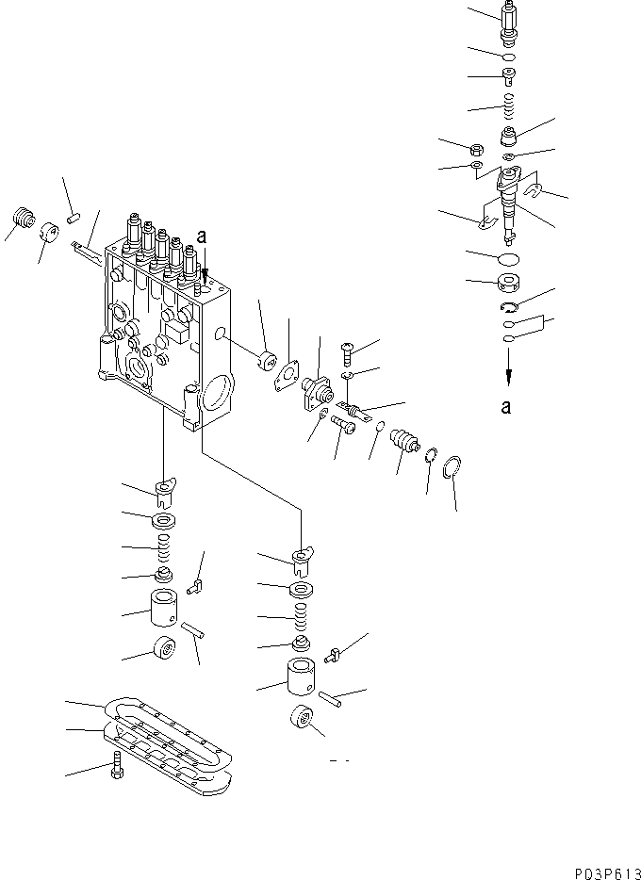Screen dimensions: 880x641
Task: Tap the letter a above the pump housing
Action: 202,237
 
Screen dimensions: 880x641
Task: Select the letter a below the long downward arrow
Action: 507,407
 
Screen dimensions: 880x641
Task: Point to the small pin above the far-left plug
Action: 72,218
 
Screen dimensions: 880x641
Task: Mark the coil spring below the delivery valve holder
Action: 508,104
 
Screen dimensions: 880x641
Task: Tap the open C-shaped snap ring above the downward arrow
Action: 508,308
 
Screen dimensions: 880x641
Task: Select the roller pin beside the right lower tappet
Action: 329,698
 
